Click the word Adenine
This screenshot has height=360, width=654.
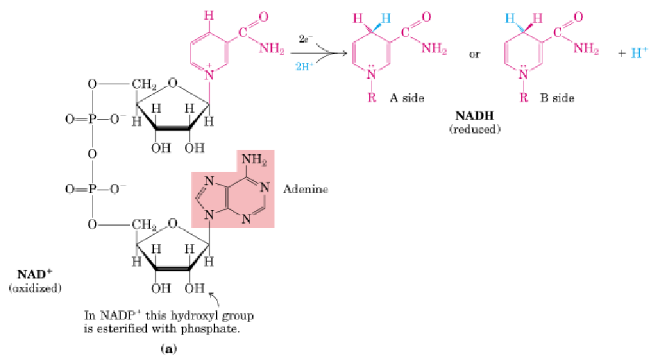pos(305,190)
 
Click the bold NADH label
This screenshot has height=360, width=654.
pos(474,115)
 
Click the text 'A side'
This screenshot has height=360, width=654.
pos(406,98)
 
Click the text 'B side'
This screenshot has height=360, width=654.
pos(557,98)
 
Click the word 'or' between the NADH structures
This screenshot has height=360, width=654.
pos(475,53)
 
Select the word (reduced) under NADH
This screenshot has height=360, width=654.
pos(474,129)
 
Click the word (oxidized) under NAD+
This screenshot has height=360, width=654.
pos(35,288)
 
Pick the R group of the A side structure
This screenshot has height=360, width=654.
pos(371,98)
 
